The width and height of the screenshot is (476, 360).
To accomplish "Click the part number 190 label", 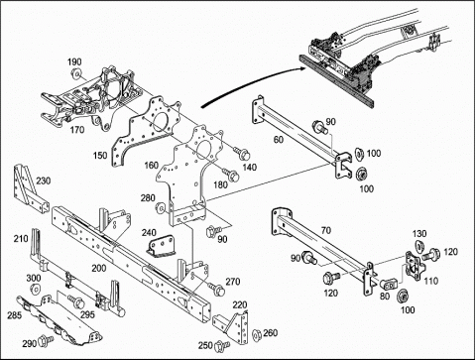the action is point(74,61).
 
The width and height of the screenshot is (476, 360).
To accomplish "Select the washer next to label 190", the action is point(76,73).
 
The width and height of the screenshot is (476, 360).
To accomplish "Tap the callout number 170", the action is point(77,130).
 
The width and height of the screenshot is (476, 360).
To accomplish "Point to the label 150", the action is point(100,155).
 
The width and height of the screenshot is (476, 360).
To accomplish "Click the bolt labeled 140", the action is point(242,153).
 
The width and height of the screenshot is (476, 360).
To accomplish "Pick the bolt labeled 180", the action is point(231,175).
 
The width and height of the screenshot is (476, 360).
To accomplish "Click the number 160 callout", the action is point(152,165).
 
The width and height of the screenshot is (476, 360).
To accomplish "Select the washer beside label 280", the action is point(161,208).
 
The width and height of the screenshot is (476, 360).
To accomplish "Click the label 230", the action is point(44,180).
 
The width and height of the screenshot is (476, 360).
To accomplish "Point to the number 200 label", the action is point(99,268).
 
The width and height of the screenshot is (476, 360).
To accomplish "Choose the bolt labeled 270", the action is point(216,290).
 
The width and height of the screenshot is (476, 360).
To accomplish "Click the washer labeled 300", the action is point(35,289).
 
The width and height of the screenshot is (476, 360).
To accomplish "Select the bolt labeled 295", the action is point(76,301).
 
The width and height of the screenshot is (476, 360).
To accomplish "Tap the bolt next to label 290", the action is point(46,340).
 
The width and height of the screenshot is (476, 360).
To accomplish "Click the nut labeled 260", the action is point(256,335).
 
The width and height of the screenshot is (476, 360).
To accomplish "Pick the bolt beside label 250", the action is point(222,346).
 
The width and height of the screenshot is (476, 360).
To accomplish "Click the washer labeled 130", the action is point(417,246).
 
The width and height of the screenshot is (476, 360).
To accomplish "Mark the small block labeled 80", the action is point(389,284).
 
